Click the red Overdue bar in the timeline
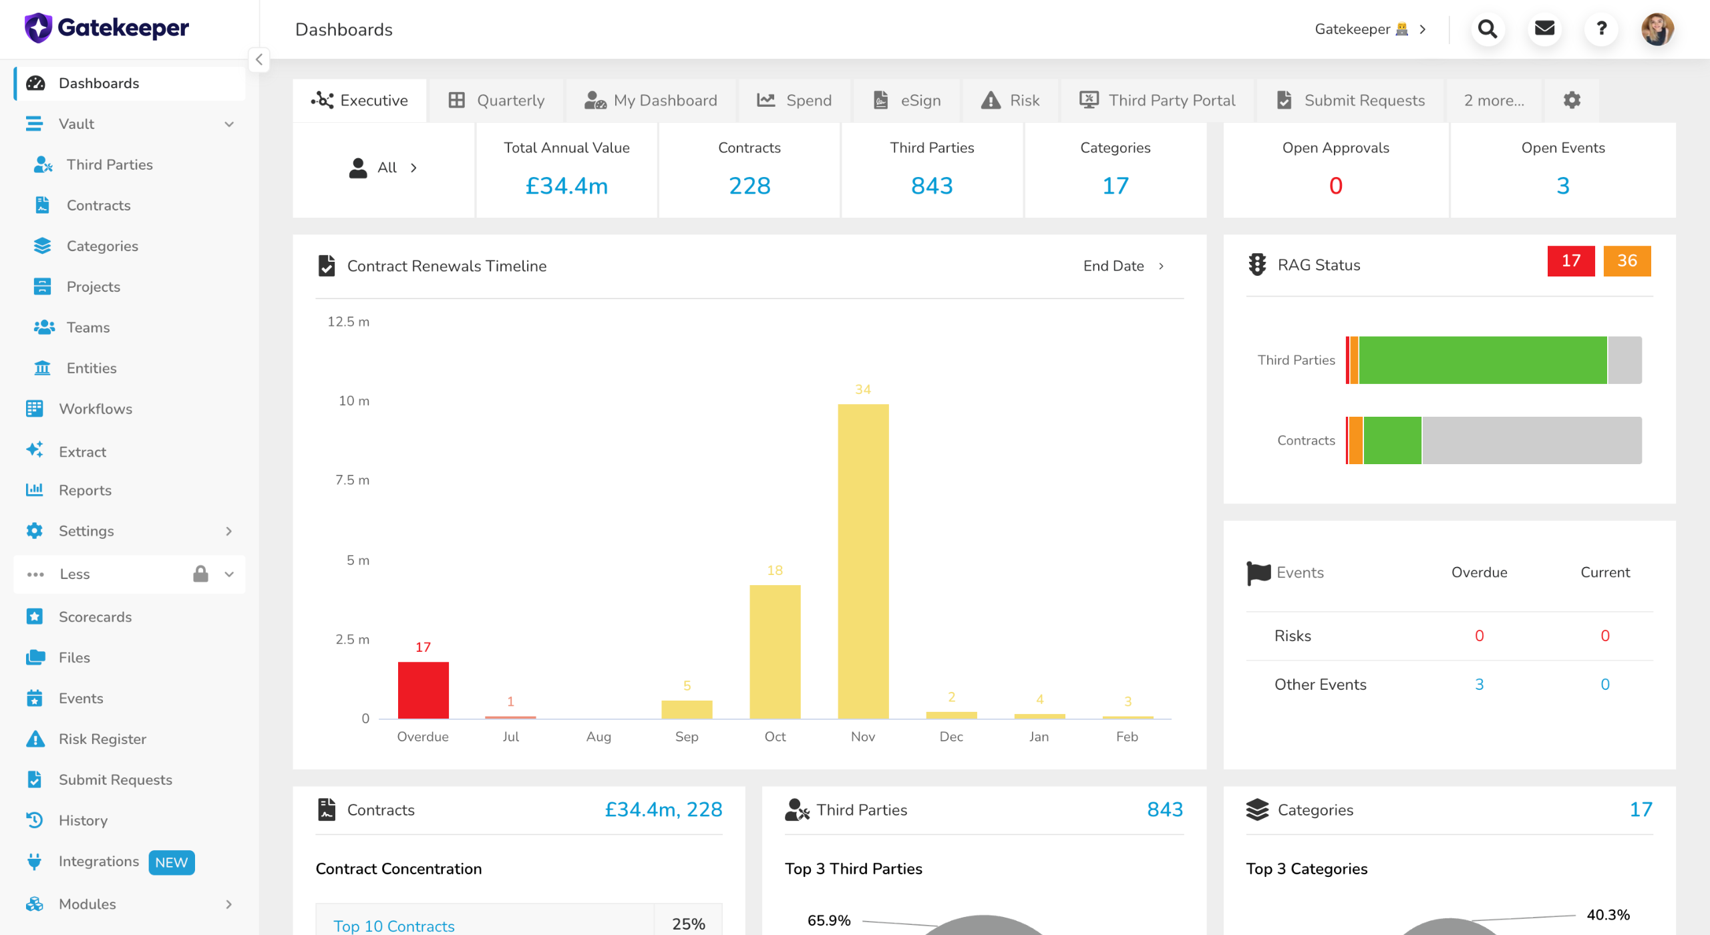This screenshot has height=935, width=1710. (x=423, y=690)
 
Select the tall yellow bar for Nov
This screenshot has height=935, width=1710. (x=863, y=561)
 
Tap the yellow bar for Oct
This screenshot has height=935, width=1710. (x=775, y=652)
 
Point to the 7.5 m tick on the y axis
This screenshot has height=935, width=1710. (x=352, y=480)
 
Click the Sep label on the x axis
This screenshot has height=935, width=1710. (x=687, y=737)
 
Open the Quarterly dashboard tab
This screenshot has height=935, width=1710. (x=496, y=100)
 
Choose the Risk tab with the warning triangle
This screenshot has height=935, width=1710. (x=1010, y=100)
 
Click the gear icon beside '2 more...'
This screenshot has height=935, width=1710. (x=1572, y=100)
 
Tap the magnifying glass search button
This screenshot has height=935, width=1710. (x=1488, y=29)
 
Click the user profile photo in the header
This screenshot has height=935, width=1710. (x=1657, y=29)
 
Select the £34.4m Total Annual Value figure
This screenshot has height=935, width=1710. (x=566, y=186)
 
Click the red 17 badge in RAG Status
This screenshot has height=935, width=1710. (x=1571, y=260)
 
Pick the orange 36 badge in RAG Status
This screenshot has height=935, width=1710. (x=1627, y=260)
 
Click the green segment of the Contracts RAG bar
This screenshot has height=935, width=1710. (x=1393, y=440)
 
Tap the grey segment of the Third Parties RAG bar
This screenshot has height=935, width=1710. (x=1624, y=360)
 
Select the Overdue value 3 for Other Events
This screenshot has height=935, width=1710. (x=1480, y=685)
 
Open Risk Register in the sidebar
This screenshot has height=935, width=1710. (x=102, y=739)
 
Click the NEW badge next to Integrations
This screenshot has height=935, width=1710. (x=171, y=862)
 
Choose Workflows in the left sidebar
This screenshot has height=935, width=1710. (x=96, y=409)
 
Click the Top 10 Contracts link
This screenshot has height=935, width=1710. (x=394, y=926)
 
